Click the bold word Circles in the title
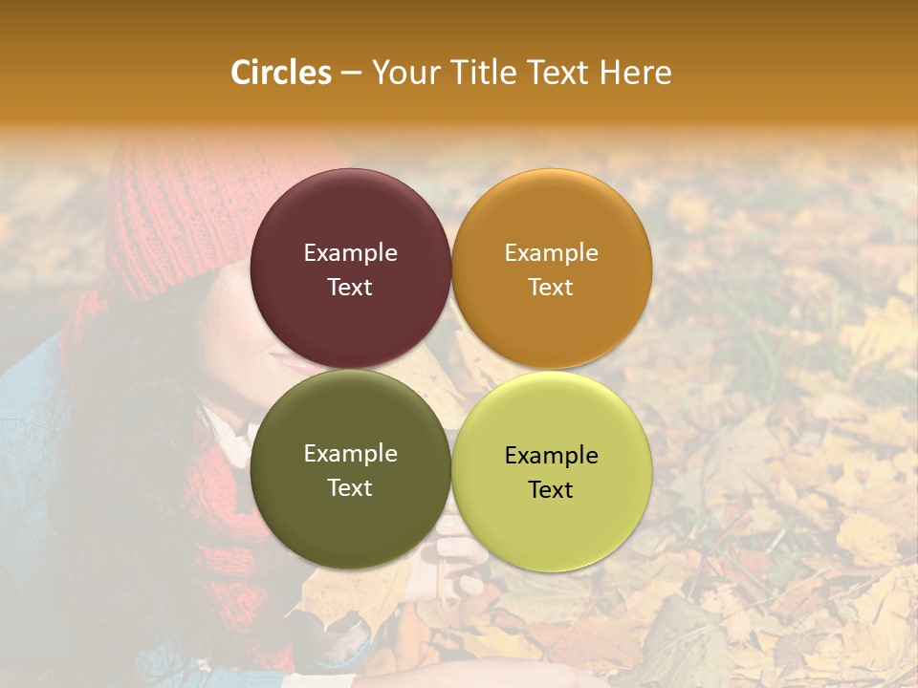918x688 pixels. click(280, 73)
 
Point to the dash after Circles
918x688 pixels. click(350, 74)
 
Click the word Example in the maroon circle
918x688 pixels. click(350, 253)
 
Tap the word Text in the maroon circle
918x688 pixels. click(350, 288)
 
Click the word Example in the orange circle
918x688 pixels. click(552, 253)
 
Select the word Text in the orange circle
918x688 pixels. click(552, 288)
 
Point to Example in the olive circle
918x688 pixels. click(350, 454)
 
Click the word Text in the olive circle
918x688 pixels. click(350, 488)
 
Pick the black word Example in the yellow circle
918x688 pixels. click(552, 456)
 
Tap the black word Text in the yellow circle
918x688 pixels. click(552, 490)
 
